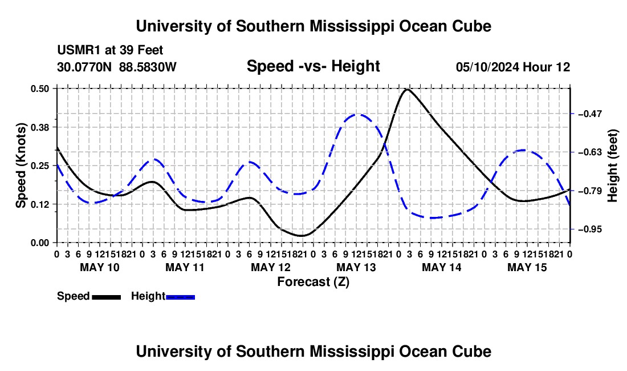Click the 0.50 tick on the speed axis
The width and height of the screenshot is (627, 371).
[x=39, y=88]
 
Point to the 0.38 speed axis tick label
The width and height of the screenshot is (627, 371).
[x=39, y=127]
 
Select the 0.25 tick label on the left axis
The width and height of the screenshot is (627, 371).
[x=39, y=166]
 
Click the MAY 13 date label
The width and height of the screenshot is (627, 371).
[x=356, y=267]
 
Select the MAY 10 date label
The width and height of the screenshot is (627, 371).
[x=100, y=267]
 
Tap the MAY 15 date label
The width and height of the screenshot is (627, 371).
[x=527, y=267]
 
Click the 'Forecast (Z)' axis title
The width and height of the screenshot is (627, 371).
[x=313, y=282]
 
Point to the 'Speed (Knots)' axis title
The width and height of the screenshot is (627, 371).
[x=21, y=166]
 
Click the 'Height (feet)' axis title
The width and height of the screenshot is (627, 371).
[x=612, y=166]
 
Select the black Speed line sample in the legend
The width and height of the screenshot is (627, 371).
[x=107, y=297]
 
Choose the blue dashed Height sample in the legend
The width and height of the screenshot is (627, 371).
[x=180, y=297]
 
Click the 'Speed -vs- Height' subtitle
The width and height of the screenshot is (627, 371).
[x=313, y=66]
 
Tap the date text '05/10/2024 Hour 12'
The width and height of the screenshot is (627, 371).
[x=513, y=67]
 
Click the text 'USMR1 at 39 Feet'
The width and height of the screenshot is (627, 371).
[x=110, y=50]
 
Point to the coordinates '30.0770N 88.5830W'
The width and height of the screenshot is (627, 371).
[x=116, y=67]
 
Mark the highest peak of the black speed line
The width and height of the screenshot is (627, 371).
[x=407, y=89]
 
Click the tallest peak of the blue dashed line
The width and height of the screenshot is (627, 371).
[x=357, y=115]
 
